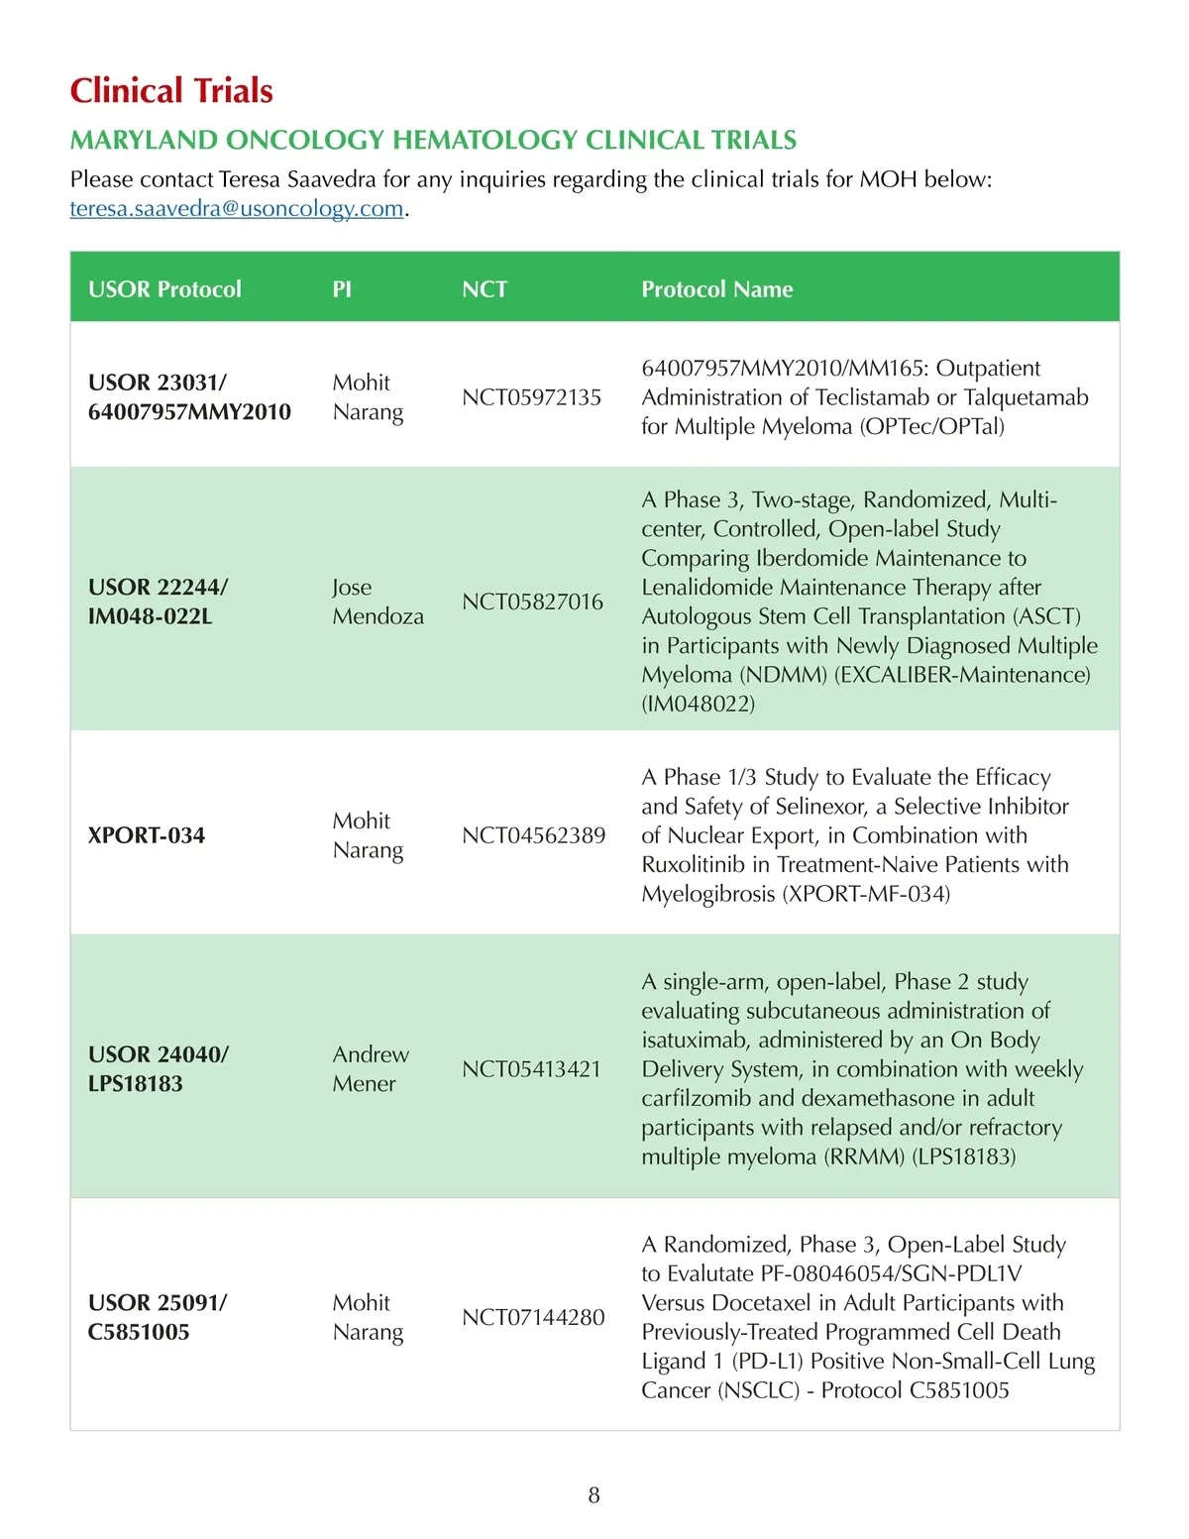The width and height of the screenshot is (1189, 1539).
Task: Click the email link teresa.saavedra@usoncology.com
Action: (236, 209)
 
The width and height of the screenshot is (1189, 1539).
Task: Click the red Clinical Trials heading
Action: (171, 91)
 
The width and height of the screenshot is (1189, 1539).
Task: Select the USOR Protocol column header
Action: (164, 289)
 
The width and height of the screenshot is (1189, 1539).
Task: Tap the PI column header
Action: (342, 289)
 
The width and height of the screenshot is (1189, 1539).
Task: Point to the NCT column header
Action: (485, 289)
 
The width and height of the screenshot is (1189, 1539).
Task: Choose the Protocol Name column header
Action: (716, 289)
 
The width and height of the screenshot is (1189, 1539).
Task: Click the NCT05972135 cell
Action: (531, 397)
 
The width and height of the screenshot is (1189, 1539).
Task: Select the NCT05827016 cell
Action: (532, 602)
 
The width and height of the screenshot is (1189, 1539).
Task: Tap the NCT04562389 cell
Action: (533, 835)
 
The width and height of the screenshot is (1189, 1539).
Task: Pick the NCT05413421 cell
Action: (531, 1069)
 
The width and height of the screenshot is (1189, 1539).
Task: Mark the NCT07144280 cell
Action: (533, 1317)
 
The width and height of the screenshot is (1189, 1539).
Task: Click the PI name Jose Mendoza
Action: (378, 602)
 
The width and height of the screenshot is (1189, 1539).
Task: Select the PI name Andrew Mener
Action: (371, 1069)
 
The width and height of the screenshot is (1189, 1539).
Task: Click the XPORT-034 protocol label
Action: (147, 835)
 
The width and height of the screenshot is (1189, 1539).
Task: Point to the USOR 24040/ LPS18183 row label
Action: (158, 1069)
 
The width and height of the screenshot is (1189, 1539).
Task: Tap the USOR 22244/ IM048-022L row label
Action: (158, 602)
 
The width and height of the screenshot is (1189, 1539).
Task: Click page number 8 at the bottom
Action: (594, 1495)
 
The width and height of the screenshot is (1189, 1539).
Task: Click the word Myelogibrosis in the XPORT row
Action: (707, 894)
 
